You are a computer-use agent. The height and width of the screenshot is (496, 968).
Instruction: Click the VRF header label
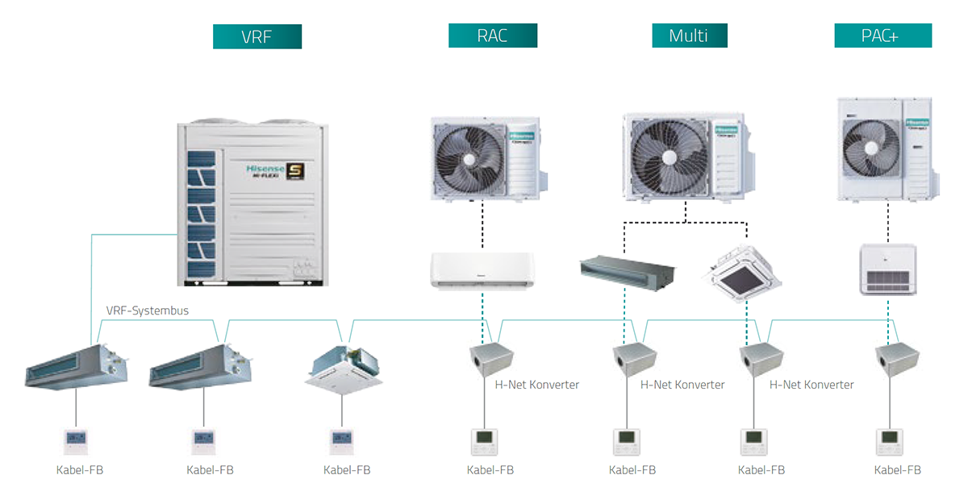coord(257,36)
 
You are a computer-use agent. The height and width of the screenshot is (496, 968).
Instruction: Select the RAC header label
coord(492,35)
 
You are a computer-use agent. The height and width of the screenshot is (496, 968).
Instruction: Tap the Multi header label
coord(689,35)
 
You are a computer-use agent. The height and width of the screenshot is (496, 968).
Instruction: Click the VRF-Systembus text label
coord(148,311)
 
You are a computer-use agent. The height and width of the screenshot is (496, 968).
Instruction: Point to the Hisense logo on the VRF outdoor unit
coord(266,169)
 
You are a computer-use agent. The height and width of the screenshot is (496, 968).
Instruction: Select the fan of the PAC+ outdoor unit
coord(870,147)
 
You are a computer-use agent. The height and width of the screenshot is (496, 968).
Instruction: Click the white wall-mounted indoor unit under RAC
coord(482,269)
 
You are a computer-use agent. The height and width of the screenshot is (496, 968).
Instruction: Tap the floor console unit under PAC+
coord(888,270)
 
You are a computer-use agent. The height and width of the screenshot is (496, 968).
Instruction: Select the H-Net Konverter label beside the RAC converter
coord(536,385)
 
